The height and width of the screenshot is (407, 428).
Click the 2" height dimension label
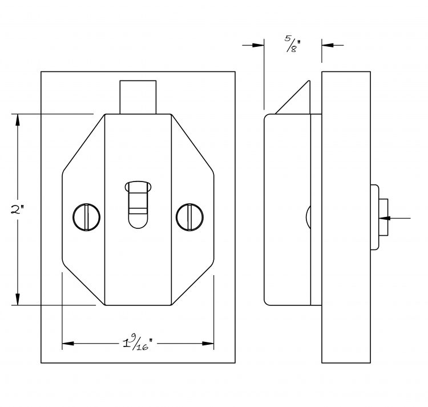[x=17, y=209]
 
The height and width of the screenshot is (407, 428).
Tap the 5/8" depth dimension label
[x=293, y=44]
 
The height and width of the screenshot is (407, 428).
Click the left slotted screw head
[x=86, y=217]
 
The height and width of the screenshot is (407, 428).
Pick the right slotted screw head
[x=189, y=217]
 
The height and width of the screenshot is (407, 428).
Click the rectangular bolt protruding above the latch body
[x=138, y=97]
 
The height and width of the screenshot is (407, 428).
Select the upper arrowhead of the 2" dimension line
[x=18, y=119]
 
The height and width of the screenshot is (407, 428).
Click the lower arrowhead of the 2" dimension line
[x=18, y=300]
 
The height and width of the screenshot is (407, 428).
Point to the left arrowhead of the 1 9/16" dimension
[x=68, y=344]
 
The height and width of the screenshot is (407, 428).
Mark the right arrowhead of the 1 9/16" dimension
[x=208, y=344]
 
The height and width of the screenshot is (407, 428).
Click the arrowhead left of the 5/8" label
[x=258, y=45]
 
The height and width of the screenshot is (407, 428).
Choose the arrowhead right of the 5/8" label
[x=328, y=45]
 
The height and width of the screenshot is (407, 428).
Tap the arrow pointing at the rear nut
[x=395, y=218]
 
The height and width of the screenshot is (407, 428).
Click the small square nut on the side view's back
[x=383, y=217]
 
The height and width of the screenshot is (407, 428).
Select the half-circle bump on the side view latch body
[x=308, y=217]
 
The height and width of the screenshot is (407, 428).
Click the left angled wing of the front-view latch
[x=84, y=209]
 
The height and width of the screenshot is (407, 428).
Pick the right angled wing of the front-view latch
[x=192, y=209]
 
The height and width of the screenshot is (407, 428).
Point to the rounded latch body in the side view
[x=288, y=209]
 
